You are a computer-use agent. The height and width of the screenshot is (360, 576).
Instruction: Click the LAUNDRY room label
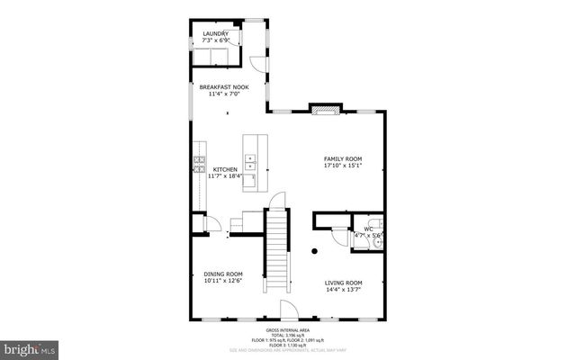215,34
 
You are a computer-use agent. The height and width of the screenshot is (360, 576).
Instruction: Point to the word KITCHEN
225,169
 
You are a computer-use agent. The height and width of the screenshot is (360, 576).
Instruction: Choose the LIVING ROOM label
343,283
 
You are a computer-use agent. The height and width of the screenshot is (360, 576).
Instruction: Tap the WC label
369,229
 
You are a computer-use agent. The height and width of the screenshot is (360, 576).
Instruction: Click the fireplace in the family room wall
324,110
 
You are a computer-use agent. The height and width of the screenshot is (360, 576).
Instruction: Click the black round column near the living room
314,251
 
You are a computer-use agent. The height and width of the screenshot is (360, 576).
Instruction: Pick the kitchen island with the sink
256,162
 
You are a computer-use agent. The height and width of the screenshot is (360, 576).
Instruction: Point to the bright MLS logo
30,346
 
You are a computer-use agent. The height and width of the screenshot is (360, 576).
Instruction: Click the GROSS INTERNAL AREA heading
287,331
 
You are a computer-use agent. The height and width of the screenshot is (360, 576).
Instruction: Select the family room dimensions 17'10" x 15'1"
342,166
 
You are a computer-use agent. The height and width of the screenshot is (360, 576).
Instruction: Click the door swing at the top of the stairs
279,199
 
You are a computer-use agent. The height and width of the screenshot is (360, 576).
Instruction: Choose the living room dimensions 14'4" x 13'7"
343,289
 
